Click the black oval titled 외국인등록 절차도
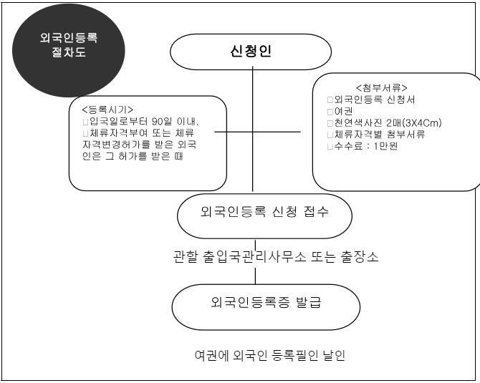(69, 51)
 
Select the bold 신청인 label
(251, 51)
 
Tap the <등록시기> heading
(107, 110)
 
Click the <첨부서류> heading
(382, 88)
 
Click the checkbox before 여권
(330, 112)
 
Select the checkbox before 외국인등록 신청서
(330, 100)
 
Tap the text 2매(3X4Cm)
(414, 123)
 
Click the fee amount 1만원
(385, 146)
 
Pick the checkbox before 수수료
(330, 146)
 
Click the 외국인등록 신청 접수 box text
(264, 211)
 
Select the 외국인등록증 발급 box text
(266, 302)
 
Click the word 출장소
(360, 256)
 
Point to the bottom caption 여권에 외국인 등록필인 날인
(270, 355)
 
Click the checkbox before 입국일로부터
(85, 122)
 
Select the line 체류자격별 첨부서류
(380, 135)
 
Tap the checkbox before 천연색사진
(330, 123)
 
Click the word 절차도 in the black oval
(69, 52)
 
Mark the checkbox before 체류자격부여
(85, 133)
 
